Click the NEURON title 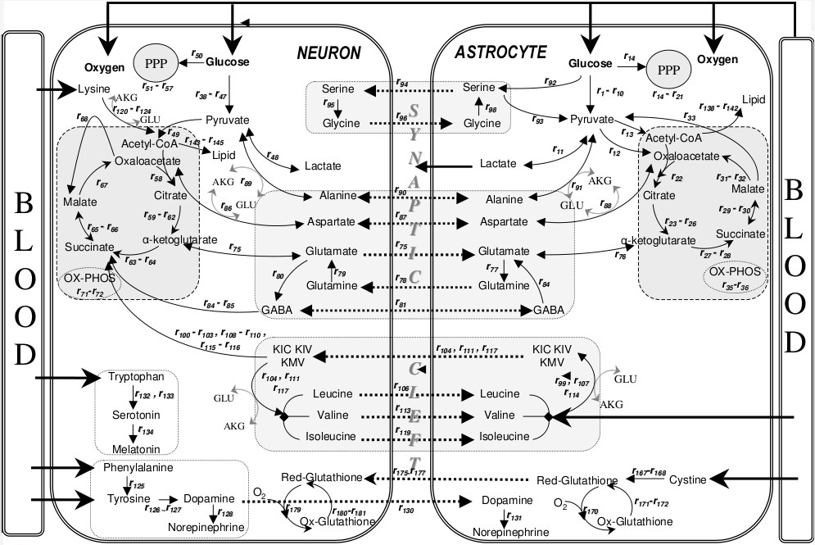[x=328, y=54]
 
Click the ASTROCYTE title [x=500, y=52]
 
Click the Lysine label [x=93, y=89]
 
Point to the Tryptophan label [x=142, y=377]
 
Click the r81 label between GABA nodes [x=401, y=305]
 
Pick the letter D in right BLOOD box [x=794, y=343]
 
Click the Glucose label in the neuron [x=227, y=62]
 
